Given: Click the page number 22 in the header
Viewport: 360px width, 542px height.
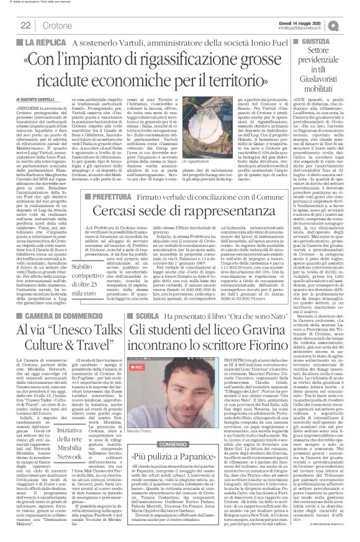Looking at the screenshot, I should coord(25,24).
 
